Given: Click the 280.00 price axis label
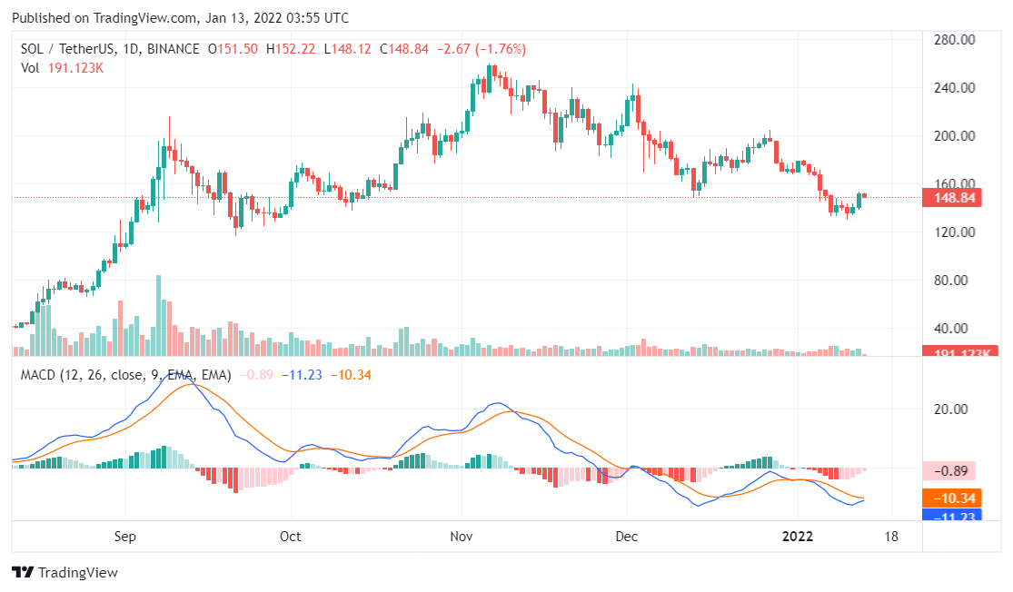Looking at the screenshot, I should (955, 40).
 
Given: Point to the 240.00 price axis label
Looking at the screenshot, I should (955, 88).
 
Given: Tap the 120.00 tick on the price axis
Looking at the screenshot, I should (955, 232).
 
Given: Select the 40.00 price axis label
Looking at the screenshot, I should (955, 329).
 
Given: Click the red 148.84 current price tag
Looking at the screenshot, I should (950, 198).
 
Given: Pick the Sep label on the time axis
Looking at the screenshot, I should (125, 537).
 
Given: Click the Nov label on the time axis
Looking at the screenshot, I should (462, 537).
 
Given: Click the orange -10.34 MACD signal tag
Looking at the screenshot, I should (950, 498).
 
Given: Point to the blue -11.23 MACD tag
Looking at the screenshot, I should (950, 515).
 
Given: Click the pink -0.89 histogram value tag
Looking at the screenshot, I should (950, 470).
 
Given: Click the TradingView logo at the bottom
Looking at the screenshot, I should (65, 573).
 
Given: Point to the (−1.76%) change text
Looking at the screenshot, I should (494, 49).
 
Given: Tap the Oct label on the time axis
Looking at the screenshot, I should (291, 537).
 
